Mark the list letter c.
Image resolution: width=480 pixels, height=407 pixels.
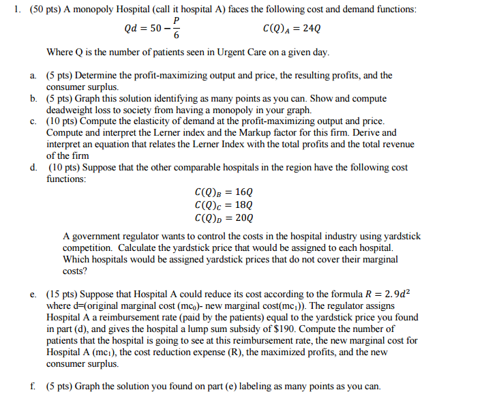point(33,121)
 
